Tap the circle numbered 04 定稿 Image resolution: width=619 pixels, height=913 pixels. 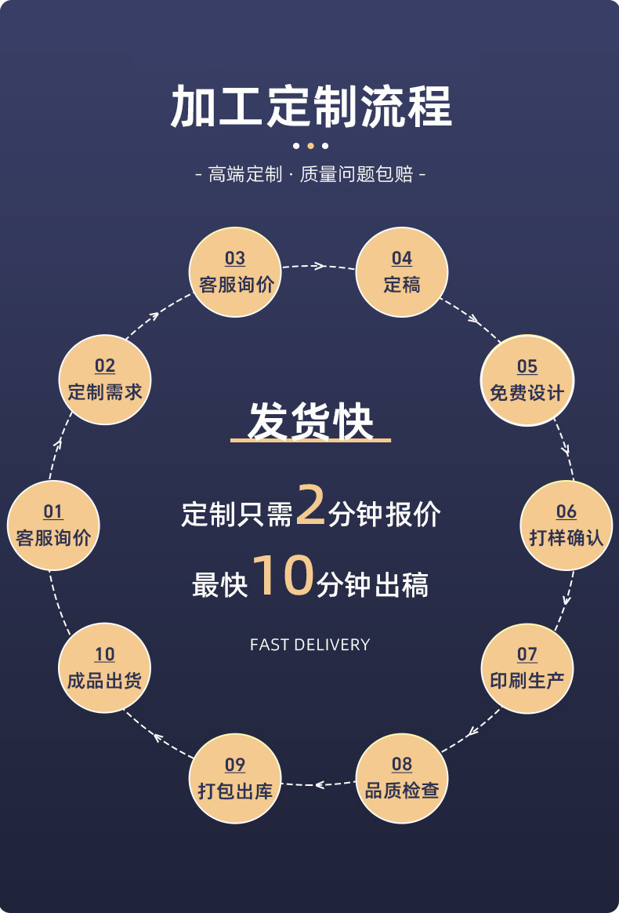[401, 272]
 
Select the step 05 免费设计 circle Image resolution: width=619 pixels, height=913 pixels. [527, 380]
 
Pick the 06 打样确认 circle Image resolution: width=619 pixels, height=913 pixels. [566, 525]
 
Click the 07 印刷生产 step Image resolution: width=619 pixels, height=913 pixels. [527, 667]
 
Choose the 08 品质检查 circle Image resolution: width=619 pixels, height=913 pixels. [401, 777]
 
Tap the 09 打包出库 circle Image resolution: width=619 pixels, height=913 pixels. [235, 777]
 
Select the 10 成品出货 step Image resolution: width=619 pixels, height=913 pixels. [104, 667]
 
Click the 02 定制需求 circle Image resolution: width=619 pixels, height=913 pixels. [104, 380]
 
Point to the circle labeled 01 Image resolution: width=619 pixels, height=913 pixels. [52, 525]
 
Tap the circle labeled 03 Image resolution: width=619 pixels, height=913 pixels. [235, 272]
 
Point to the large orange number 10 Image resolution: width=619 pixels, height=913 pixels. [283, 577]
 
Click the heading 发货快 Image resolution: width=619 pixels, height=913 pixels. [310, 421]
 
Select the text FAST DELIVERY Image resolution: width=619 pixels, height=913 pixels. [309, 645]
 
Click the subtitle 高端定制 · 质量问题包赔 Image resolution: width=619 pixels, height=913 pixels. [309, 174]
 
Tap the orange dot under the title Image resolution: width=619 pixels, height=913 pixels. [310, 145]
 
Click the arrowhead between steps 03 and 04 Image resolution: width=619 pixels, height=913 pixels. [318, 266]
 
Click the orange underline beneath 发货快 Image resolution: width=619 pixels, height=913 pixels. [310, 441]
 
